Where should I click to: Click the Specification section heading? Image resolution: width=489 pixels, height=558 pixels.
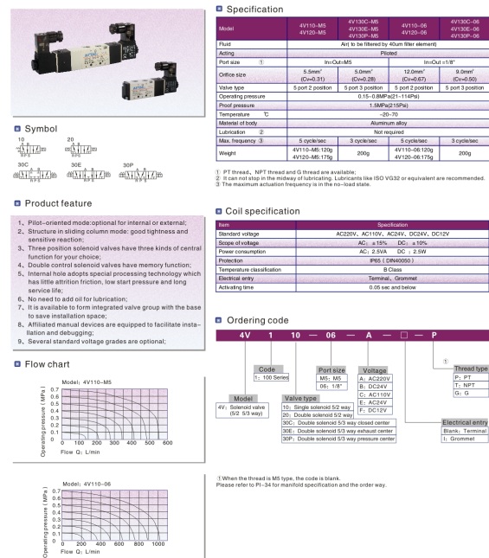click(256, 9)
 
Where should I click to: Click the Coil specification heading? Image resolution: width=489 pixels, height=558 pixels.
click(263, 210)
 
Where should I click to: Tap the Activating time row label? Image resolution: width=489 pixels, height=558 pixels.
click(237, 288)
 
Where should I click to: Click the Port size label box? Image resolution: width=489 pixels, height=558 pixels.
click(332, 369)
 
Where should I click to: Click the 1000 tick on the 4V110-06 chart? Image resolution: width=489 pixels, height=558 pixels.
click(158, 543)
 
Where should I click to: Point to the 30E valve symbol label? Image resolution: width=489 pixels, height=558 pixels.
click(76, 164)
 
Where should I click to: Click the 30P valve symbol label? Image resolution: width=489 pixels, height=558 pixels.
click(128, 164)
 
